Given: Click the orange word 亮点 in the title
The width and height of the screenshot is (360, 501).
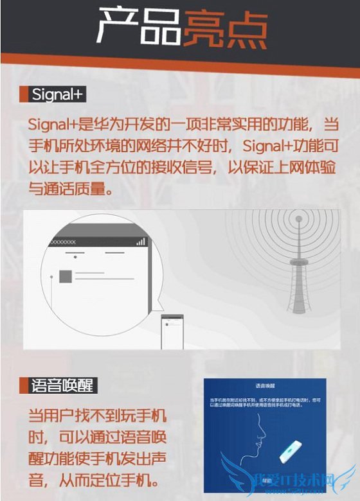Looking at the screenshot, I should (225, 27).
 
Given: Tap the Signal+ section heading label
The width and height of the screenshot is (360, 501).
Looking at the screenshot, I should (59, 95).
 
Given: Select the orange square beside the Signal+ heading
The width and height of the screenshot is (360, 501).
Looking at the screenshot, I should (24, 95).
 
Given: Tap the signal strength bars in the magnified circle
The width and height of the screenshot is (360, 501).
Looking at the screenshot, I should (140, 242).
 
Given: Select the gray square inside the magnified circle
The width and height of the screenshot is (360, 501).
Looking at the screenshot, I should (65, 276).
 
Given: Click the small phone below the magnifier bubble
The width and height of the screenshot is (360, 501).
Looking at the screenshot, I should (171, 331).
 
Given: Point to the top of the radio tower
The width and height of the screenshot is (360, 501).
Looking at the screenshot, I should (298, 218).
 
